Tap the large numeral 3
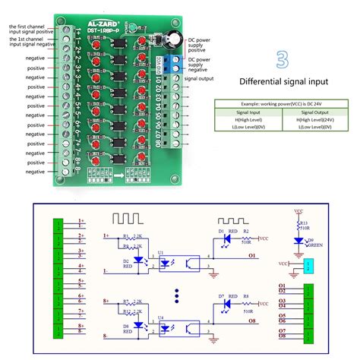tap(282, 60)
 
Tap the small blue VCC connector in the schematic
tap(308, 267)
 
